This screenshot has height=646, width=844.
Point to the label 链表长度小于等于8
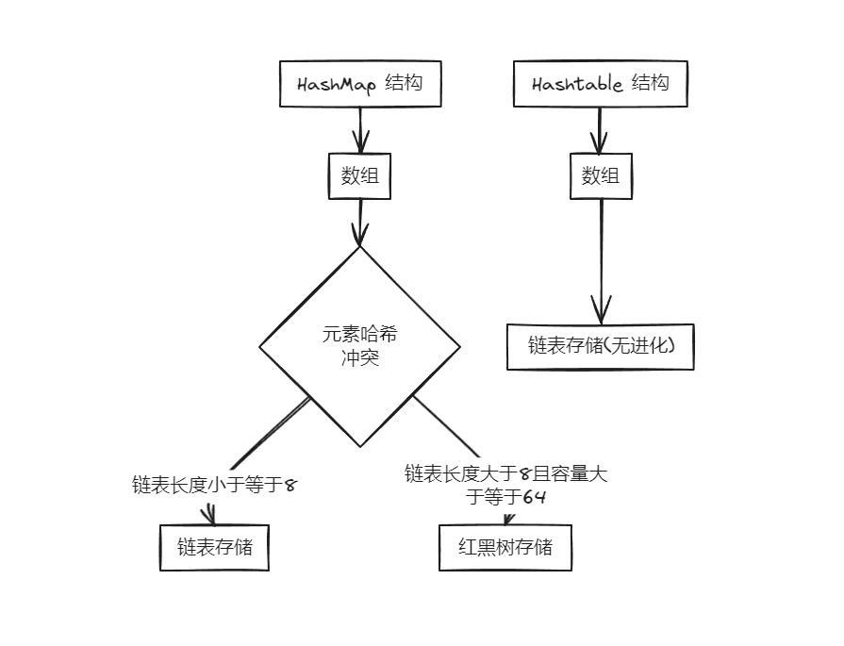[x=214, y=485]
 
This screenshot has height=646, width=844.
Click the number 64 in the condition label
[x=534, y=497]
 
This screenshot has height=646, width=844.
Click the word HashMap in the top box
[x=337, y=85]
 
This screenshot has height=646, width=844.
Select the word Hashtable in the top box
[x=577, y=84]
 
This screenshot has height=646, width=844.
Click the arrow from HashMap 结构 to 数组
[x=360, y=130]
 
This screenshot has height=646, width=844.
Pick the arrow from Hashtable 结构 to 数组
[x=599, y=130]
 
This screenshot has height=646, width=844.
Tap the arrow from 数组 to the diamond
[x=360, y=223]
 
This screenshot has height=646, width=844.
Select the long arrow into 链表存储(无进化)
[x=602, y=261]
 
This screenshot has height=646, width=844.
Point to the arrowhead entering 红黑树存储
[x=508, y=519]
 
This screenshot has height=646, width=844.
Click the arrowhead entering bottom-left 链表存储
[x=208, y=515]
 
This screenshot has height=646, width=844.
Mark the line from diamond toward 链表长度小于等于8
[x=271, y=434]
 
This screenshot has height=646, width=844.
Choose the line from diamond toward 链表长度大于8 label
[x=446, y=426]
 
